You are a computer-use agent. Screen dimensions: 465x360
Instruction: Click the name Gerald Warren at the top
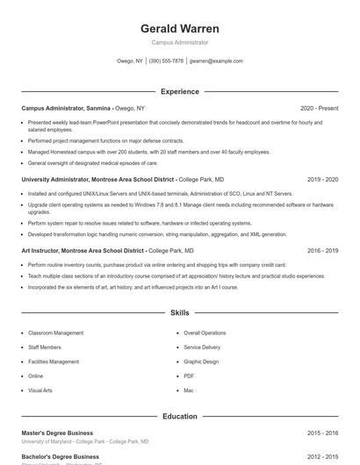pos(180,28)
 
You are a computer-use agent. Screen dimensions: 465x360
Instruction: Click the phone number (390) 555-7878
pos(166,61)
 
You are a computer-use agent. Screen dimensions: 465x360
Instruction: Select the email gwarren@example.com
pos(216,61)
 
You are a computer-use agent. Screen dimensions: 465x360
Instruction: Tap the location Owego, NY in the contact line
pos(129,61)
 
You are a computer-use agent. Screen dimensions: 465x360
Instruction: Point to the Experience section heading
pos(180,91)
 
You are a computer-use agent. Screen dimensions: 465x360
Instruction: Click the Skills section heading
pos(180,312)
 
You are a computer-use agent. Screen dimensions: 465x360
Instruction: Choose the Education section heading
pos(180,417)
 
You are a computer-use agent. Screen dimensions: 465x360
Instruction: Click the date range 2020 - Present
pos(319,108)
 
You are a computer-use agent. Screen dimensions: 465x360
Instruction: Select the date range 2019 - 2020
pos(322,179)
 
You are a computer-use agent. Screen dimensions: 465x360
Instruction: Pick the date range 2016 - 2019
pos(322,250)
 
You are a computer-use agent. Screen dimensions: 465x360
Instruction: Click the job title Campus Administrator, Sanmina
pos(66,108)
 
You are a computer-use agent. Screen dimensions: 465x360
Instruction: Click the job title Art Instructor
pos(43,250)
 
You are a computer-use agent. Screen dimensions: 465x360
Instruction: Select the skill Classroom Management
pos(55,333)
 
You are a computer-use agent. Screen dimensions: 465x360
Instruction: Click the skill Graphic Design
pos(201,361)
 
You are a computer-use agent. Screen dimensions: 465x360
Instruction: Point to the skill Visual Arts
pos(40,390)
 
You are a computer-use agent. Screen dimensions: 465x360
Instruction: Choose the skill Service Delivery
pos(202,347)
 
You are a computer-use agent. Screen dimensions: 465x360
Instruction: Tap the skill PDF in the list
pos(190,376)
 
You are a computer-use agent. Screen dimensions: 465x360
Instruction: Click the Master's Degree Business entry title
pos(57,433)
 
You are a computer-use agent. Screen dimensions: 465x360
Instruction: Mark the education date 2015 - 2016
pos(322,433)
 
